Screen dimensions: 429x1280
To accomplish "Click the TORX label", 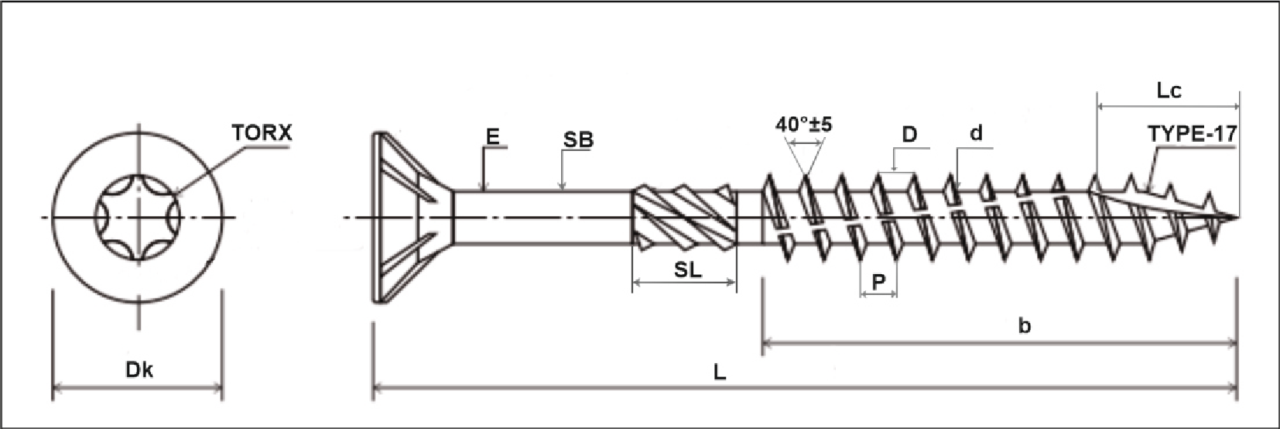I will click(x=262, y=133).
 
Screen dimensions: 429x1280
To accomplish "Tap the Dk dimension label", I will click(x=139, y=370).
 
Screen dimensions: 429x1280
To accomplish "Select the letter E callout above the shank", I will click(x=492, y=137).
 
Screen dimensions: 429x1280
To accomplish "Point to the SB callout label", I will click(x=578, y=139).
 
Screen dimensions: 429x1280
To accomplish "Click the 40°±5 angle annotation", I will click(x=803, y=125).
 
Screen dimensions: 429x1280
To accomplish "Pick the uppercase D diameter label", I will click(x=909, y=135).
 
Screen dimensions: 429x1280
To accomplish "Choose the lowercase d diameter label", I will click(x=976, y=133).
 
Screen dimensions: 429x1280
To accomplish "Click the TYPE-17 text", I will click(x=1192, y=134).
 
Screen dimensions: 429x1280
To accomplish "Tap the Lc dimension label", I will click(x=1169, y=91).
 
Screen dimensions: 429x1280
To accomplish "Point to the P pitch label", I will click(x=878, y=283).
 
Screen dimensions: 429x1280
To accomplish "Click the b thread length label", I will click(x=1024, y=326).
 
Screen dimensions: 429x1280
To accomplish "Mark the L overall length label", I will click(x=720, y=372).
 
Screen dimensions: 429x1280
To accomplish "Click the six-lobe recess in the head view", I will click(x=138, y=218).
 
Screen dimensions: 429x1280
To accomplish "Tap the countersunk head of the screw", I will click(x=402, y=218).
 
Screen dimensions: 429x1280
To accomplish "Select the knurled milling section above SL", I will click(x=684, y=218).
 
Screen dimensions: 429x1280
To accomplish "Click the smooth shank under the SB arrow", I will click(x=542, y=218).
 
